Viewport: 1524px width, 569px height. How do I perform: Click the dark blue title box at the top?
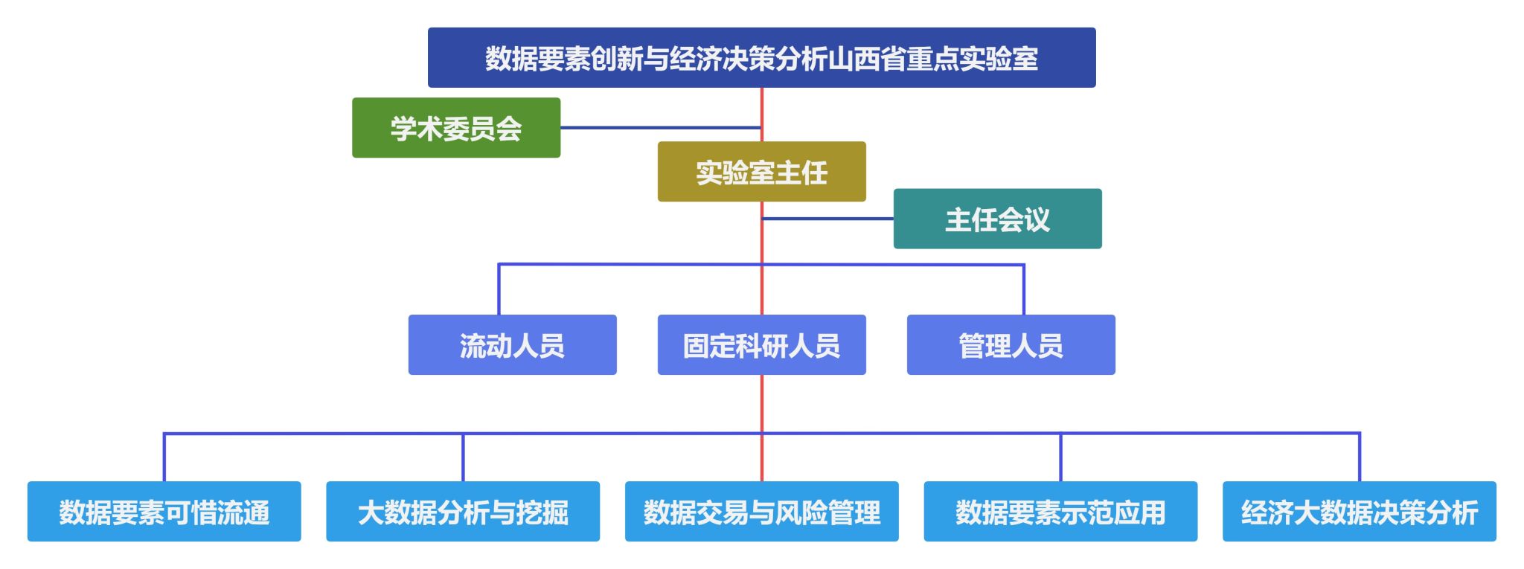click(761, 58)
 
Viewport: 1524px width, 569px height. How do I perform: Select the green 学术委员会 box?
click(456, 128)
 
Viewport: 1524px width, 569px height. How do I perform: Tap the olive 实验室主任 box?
click(761, 172)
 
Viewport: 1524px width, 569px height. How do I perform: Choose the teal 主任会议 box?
click(997, 219)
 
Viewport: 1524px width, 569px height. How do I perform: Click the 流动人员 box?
click(512, 345)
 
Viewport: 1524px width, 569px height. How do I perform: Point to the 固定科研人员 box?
click(761, 345)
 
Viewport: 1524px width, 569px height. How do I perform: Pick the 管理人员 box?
click(1011, 345)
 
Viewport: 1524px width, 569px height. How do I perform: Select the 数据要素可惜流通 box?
click(164, 512)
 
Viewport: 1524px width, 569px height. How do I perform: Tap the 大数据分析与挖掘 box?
click(463, 512)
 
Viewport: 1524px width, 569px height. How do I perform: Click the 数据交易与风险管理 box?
click(761, 512)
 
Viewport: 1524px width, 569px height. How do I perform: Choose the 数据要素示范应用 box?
click(1060, 512)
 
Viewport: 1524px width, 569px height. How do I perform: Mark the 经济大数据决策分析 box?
click(1360, 512)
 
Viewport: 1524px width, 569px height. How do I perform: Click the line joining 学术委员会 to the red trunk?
click(661, 128)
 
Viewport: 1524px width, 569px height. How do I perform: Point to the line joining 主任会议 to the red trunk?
click(827, 219)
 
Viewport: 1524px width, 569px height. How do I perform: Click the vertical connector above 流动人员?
click(499, 289)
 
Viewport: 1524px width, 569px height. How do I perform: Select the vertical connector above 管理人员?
click(1024, 289)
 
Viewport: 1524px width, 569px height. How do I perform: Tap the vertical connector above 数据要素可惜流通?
click(164, 457)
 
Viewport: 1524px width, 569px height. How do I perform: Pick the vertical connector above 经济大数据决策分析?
click(1360, 457)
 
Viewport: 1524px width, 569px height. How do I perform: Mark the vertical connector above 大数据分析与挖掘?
click(463, 457)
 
